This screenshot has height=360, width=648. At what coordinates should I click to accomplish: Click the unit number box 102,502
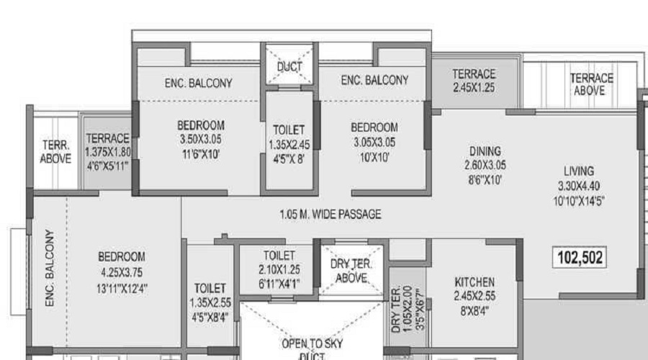(x=580, y=258)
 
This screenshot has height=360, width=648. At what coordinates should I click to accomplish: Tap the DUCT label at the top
(x=289, y=66)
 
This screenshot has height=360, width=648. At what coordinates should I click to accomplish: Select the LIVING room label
(x=579, y=171)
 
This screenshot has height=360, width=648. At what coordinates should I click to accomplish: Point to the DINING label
(x=485, y=151)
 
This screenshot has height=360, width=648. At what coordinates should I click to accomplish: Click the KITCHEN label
(x=474, y=282)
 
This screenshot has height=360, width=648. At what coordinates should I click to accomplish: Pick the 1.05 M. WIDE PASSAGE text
(x=330, y=215)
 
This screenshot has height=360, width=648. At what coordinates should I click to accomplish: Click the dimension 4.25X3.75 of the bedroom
(x=122, y=272)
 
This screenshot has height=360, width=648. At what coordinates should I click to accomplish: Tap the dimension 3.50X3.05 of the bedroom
(x=201, y=140)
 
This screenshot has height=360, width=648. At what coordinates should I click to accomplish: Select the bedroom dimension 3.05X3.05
(x=374, y=142)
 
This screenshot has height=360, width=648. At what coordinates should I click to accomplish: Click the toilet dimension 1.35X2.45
(x=289, y=145)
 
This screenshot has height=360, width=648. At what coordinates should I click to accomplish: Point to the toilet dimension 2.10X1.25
(x=279, y=269)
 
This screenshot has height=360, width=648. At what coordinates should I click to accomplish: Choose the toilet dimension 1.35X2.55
(x=210, y=302)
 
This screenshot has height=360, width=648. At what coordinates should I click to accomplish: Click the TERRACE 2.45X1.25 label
(x=474, y=81)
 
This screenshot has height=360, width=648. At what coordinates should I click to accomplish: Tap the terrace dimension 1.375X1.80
(x=108, y=152)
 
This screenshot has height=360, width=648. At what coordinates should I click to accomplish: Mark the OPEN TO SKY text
(x=312, y=343)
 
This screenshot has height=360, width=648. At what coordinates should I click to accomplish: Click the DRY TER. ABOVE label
(x=351, y=271)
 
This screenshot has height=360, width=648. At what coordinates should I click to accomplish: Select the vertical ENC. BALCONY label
(x=50, y=269)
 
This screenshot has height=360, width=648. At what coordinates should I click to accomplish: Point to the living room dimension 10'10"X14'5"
(x=579, y=202)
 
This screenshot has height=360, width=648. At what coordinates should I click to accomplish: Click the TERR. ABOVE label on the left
(x=55, y=152)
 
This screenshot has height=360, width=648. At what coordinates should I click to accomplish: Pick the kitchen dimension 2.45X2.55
(x=474, y=296)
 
